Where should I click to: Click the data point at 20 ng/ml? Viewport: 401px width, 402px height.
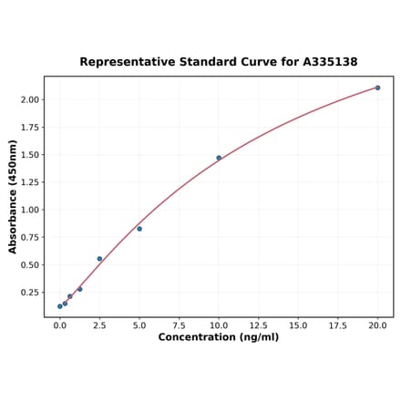pyautogui.click(x=377, y=88)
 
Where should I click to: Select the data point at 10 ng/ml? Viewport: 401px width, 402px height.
pyautogui.click(x=219, y=158)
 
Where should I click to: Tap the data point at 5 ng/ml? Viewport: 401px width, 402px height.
pyautogui.click(x=139, y=229)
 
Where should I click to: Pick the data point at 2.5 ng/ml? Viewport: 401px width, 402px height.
pyautogui.click(x=99, y=259)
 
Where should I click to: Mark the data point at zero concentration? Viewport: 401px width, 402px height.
pyautogui.click(x=60, y=306)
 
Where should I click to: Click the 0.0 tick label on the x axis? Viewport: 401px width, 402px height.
pyautogui.click(x=60, y=325)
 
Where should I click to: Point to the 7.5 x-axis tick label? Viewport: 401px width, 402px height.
pyautogui.click(x=179, y=325)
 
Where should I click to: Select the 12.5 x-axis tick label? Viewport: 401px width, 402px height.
pyautogui.click(x=258, y=325)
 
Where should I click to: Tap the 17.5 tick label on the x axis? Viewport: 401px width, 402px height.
pyautogui.click(x=337, y=325)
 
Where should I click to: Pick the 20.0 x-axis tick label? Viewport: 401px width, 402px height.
pyautogui.click(x=377, y=325)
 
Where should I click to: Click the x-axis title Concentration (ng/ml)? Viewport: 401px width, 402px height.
pyautogui.click(x=219, y=337)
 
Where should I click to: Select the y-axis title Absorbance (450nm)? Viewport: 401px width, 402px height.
pyautogui.click(x=13, y=196)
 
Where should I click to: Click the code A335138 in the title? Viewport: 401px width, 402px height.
pyautogui.click(x=325, y=62)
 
